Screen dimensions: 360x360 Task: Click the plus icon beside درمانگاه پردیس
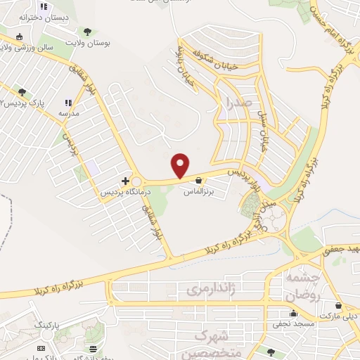pyautogui.click(x=126, y=181)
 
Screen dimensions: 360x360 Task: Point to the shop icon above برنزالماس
pyautogui.click(x=199, y=180)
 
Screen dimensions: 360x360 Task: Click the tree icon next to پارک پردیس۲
pyautogui.click(x=22, y=92)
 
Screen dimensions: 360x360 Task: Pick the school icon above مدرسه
pyautogui.click(x=68, y=103)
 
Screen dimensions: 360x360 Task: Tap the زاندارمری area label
pyautogui.click(x=208, y=289)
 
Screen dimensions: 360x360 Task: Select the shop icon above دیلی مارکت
pyautogui.click(x=339, y=306)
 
